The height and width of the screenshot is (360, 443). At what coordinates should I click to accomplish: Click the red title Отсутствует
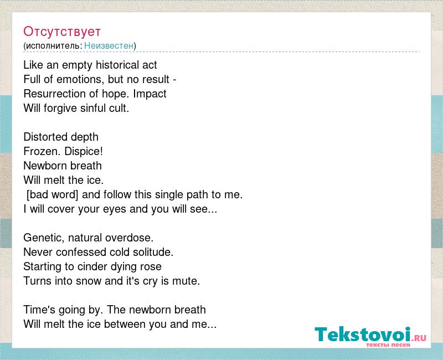(x=62, y=32)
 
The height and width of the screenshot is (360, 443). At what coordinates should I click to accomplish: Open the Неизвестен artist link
(x=109, y=45)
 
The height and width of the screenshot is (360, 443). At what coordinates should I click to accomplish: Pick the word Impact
(x=150, y=94)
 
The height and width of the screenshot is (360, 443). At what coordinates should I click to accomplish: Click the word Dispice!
(x=84, y=151)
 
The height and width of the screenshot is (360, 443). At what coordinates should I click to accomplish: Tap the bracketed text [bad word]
(x=52, y=195)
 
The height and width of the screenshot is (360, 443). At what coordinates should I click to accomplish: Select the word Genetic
(x=45, y=238)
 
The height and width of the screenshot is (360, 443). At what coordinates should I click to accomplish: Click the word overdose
(x=130, y=238)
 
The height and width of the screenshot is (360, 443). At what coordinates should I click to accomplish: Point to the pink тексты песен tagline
(x=388, y=344)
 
